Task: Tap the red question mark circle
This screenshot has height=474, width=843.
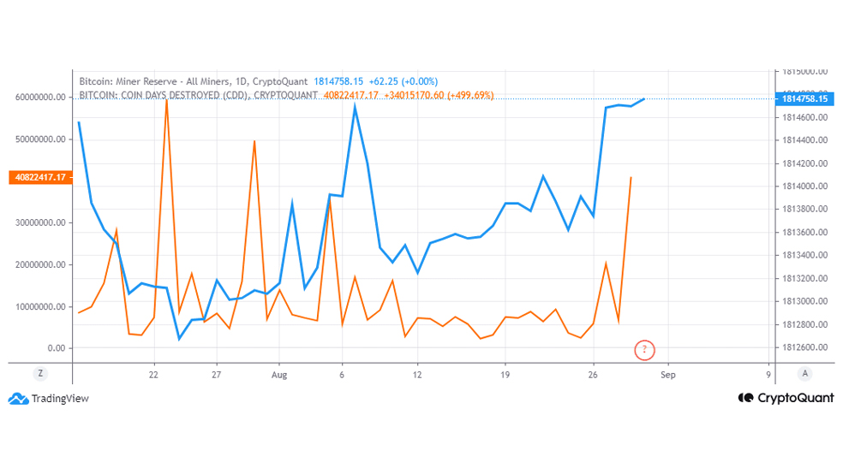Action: [645, 349]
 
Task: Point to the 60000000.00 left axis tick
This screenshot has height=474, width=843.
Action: [39, 97]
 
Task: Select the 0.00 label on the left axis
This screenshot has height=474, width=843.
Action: [57, 348]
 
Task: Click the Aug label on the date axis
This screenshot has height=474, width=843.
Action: [279, 374]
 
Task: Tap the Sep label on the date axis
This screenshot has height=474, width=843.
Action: [668, 374]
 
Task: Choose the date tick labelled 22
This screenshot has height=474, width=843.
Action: [153, 374]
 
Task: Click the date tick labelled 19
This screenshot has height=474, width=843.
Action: [505, 374]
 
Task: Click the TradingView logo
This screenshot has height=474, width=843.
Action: [50, 398]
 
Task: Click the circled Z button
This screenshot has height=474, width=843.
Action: [39, 373]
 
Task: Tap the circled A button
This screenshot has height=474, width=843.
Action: [804, 373]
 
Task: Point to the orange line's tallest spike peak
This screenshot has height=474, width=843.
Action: [166, 101]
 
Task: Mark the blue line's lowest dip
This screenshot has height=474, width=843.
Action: [179, 340]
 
